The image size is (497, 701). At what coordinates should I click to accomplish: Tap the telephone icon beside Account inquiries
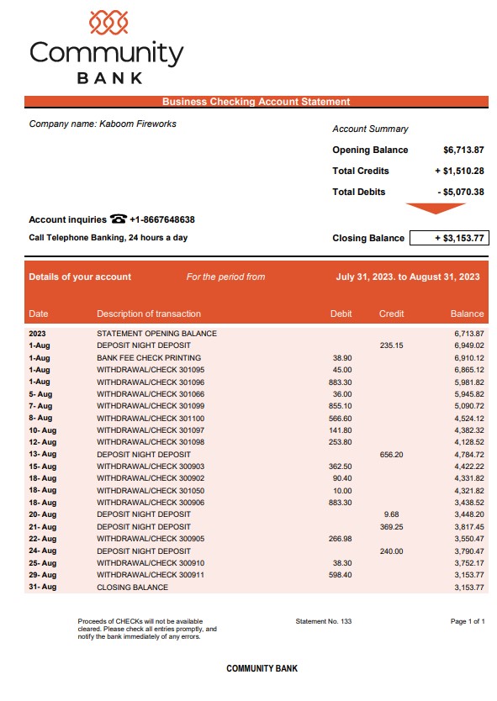coord(118,219)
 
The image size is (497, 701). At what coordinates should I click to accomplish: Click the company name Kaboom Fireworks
coord(138,124)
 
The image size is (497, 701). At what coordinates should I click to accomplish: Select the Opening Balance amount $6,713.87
coord(463,150)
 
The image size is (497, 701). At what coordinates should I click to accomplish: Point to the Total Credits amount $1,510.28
coord(460,171)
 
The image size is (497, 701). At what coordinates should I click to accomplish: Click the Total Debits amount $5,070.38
coord(461,192)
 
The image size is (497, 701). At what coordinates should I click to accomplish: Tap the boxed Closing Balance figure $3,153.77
coord(449,238)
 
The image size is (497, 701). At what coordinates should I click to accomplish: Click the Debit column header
coord(341,314)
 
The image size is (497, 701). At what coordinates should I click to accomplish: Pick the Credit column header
coord(391,314)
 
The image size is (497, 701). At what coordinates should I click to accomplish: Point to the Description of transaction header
coord(149,314)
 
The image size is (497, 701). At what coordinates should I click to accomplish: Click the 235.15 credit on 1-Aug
coord(391,345)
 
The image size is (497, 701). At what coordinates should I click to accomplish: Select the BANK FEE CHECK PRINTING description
coord(147,357)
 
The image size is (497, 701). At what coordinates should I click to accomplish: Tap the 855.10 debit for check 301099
coord(341,405)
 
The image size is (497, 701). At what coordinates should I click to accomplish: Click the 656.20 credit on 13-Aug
coord(391,454)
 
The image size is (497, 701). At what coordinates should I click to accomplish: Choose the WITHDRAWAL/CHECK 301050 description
coord(151,490)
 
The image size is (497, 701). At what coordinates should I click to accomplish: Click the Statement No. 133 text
coord(324,621)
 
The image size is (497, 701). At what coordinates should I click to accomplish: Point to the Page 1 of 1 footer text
coord(468,621)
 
